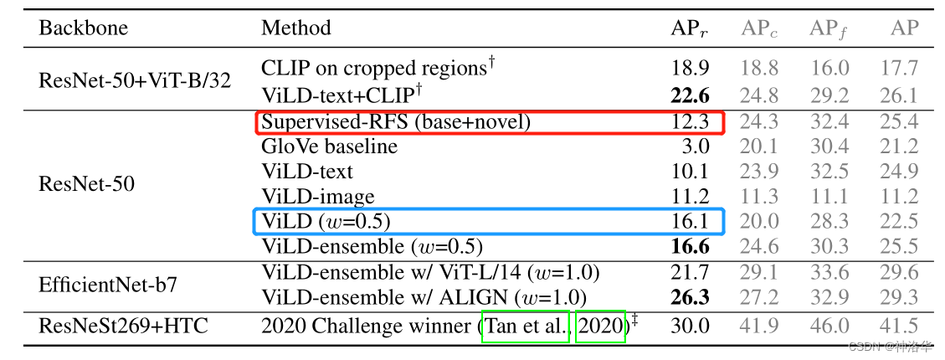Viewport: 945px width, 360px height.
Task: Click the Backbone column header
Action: pos(83,28)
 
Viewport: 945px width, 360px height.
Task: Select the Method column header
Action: pos(296,28)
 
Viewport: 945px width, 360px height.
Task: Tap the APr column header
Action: pos(690,28)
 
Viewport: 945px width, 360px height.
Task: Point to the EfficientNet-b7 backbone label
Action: pos(107,284)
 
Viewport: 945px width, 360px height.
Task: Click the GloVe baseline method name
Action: pos(329,147)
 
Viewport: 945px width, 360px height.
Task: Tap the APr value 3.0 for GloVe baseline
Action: pos(696,147)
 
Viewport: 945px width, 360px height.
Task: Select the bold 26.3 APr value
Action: pos(691,296)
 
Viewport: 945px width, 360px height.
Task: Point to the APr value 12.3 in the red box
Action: pos(691,122)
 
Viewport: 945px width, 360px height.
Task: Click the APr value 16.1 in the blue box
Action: pos(691,221)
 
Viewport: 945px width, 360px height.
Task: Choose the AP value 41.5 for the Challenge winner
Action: pos(899,327)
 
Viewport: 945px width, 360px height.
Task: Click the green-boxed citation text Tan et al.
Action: pos(526,327)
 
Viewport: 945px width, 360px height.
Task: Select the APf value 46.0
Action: pos(829,327)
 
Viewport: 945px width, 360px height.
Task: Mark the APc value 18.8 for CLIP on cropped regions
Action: pos(759,68)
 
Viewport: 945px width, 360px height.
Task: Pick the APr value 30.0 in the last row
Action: pos(691,327)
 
